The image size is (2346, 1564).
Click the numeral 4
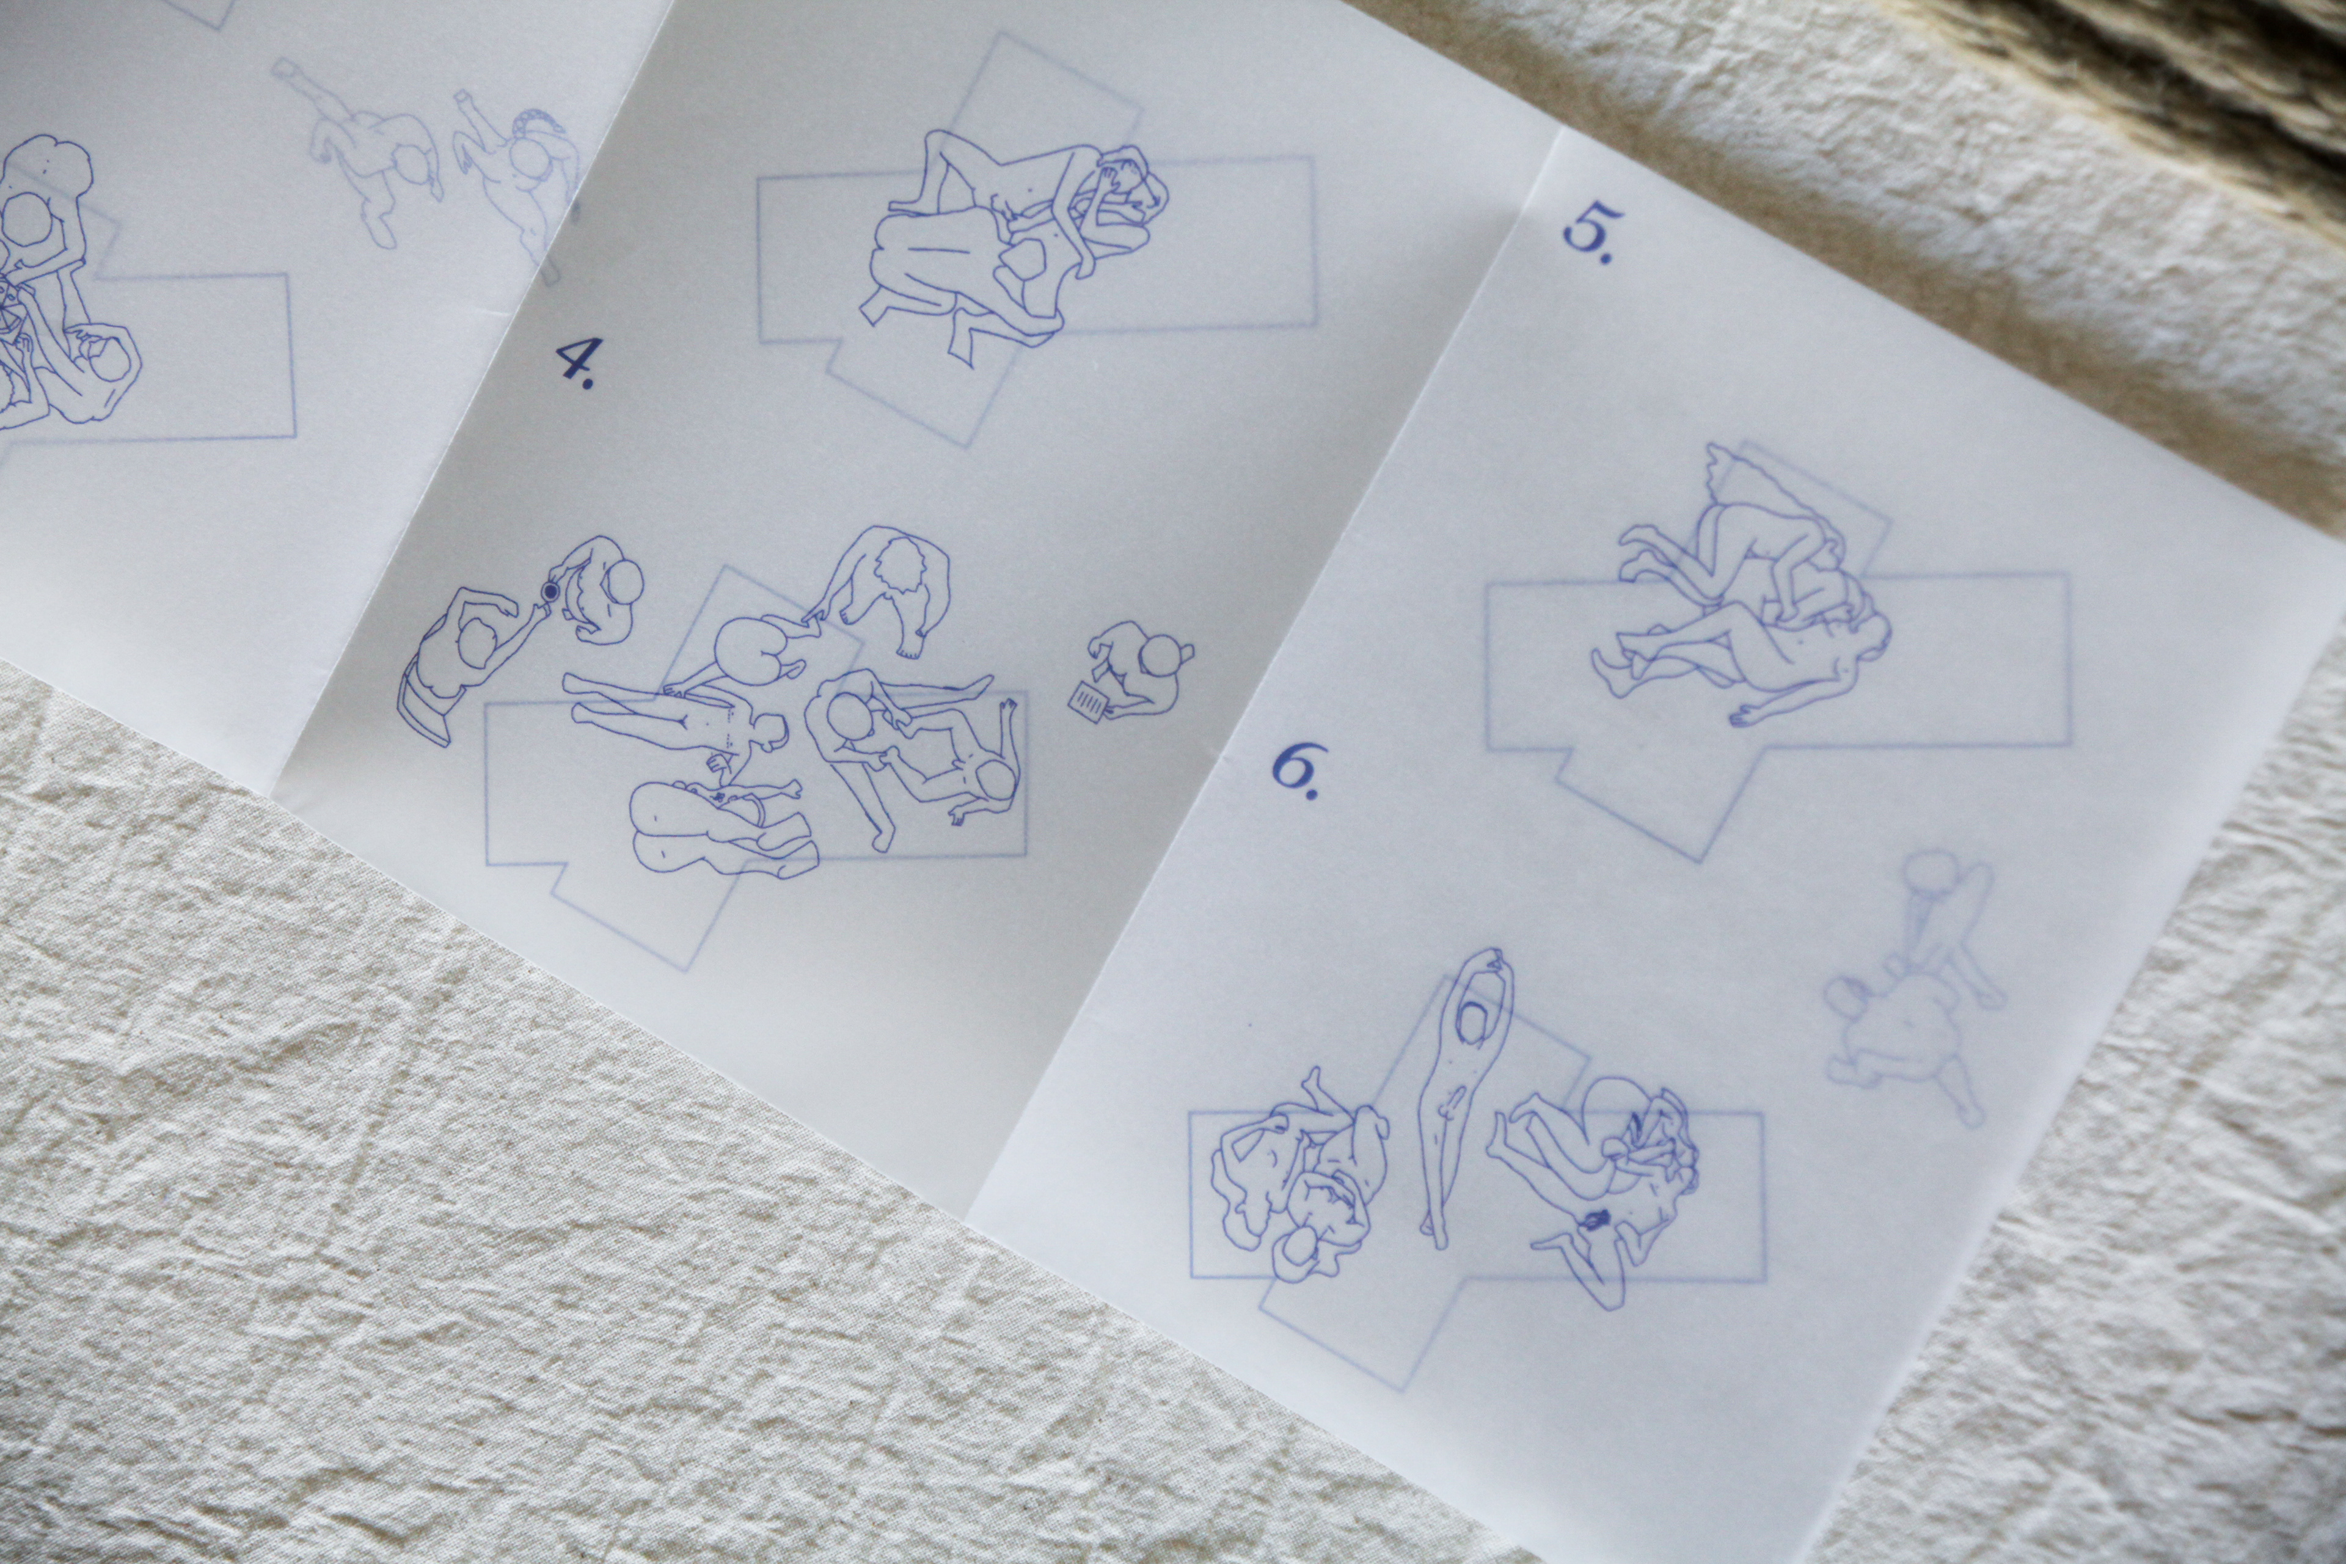click(572, 363)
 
